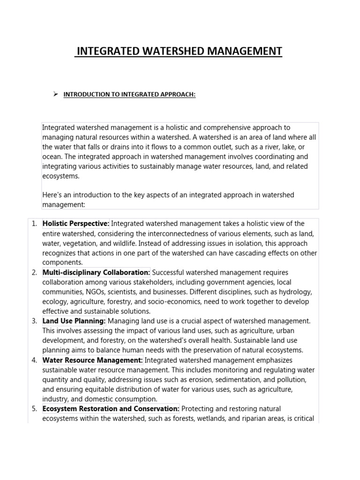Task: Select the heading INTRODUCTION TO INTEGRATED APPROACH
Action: click(129, 95)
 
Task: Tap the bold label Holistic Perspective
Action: click(75, 224)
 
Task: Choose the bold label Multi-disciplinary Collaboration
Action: click(96, 272)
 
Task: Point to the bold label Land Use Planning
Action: click(74, 321)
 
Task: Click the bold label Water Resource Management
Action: click(92, 360)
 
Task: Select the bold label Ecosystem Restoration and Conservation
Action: click(111, 409)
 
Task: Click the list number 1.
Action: click(34, 224)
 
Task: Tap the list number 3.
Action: click(34, 321)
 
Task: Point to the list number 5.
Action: click(34, 409)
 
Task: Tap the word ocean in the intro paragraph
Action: click(51, 157)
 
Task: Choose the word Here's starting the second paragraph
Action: click(52, 195)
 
